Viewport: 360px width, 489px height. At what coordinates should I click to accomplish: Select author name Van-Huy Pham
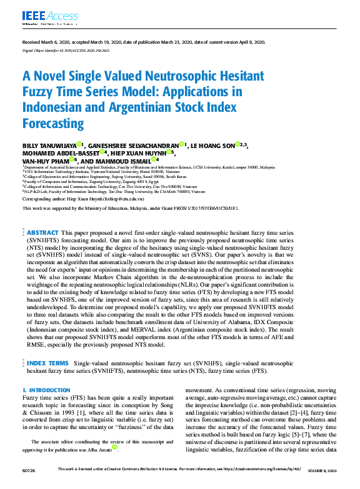click(47, 160)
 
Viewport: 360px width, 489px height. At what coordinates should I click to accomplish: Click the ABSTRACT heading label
click(42, 214)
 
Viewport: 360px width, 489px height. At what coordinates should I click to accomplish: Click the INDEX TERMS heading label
click(47, 362)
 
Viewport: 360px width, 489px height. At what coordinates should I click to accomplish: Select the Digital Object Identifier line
click(66, 49)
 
